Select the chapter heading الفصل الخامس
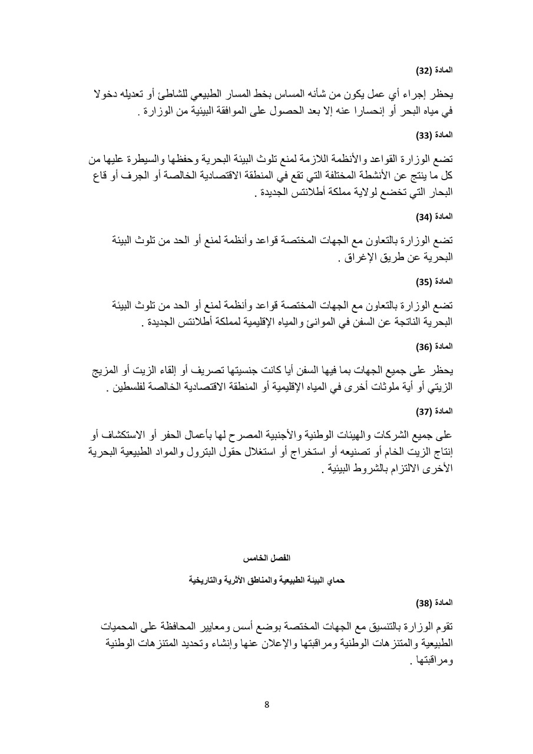(x=267, y=557)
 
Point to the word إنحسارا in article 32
(x=378, y=111)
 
